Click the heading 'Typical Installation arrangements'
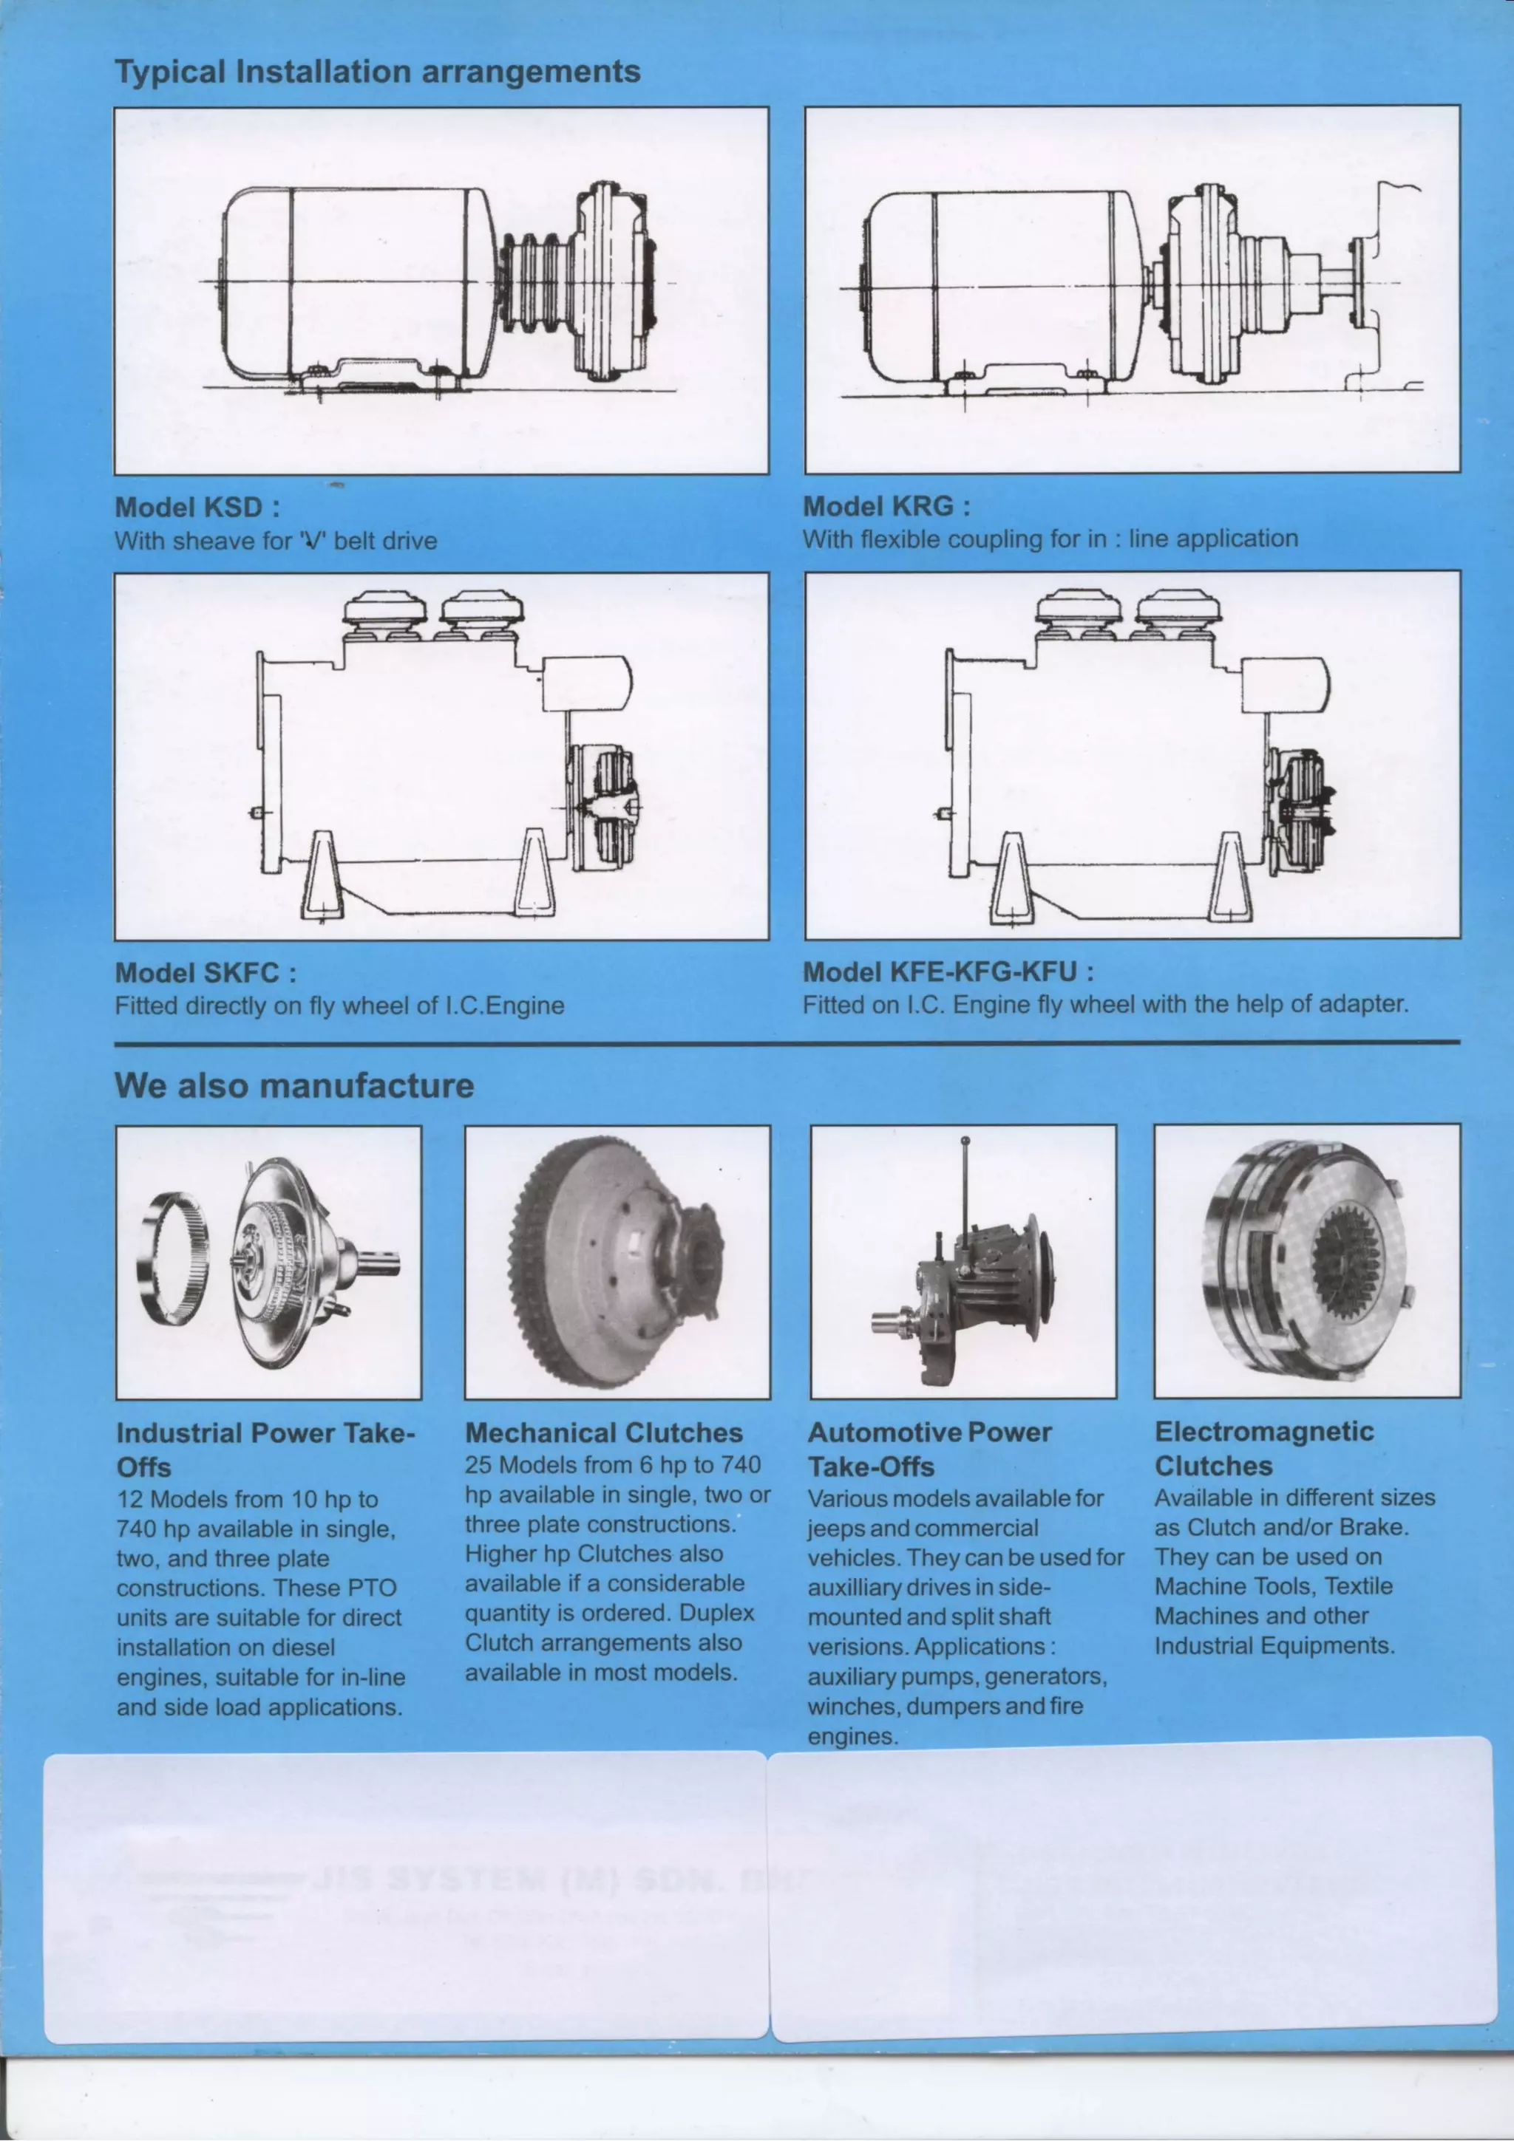[377, 71]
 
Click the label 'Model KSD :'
[197, 508]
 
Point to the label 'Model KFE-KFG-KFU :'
[948, 972]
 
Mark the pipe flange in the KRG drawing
[1361, 281]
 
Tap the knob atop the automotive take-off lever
[965, 1141]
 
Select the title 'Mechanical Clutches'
[603, 1433]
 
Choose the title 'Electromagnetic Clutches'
[1263, 1448]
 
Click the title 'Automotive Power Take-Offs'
[929, 1449]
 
